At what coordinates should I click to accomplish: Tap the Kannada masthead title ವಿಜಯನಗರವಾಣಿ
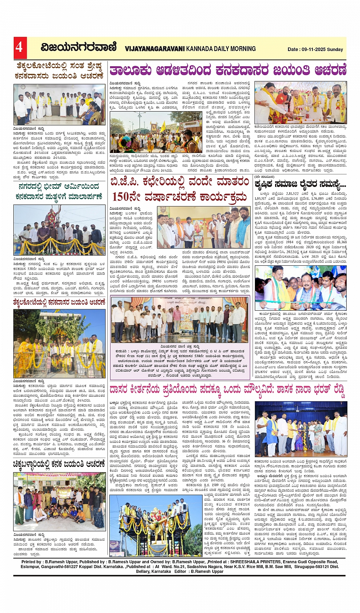click(x=79, y=47)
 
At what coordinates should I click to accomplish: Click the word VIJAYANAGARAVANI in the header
click(x=155, y=49)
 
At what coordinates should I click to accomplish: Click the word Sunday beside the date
click(x=335, y=49)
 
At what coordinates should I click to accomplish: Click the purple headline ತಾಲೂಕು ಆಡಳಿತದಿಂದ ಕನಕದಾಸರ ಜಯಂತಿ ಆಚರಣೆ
click(x=228, y=70)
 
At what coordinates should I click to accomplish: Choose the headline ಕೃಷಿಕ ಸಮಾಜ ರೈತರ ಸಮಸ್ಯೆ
click(x=300, y=184)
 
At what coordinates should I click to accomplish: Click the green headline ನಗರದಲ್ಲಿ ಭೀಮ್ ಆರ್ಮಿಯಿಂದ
click(x=59, y=187)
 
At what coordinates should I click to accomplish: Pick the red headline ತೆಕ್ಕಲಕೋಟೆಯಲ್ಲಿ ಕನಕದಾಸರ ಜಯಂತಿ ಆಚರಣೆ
click(x=59, y=302)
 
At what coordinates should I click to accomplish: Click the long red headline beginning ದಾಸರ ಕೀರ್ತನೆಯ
click(x=227, y=390)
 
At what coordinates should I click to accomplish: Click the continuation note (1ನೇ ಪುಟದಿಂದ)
click(x=264, y=177)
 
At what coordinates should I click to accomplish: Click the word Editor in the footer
click(x=181, y=571)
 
